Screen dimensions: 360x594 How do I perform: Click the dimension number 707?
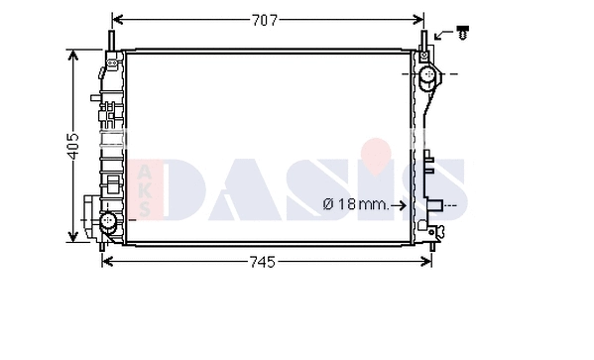pos(265,19)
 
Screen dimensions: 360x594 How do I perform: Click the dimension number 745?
pos(261,262)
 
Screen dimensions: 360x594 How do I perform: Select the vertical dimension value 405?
pos(71,146)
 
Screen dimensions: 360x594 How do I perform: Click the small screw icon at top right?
pos(462,35)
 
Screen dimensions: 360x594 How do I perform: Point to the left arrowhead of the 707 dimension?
pos(117,19)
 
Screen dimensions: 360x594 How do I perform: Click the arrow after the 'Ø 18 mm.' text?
pos(399,205)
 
